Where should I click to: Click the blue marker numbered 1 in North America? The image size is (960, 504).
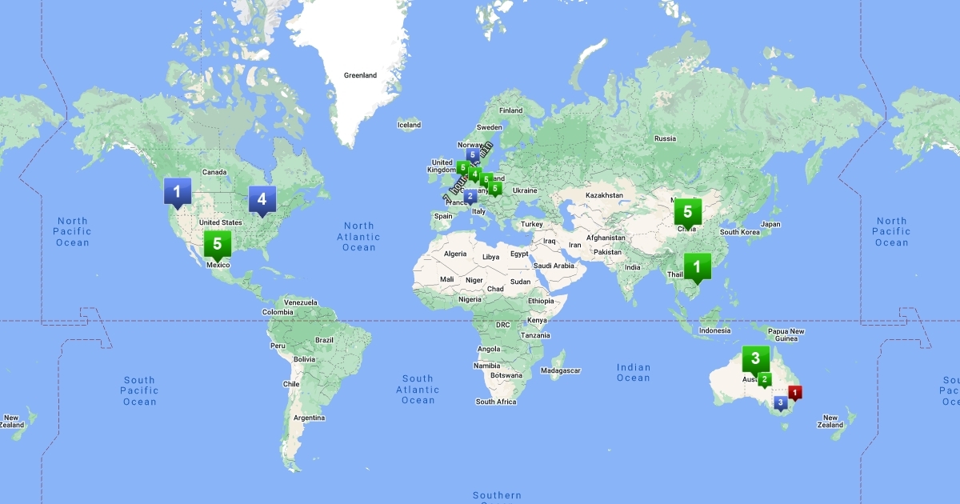[177, 191]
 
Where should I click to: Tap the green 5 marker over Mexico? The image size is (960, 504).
[217, 244]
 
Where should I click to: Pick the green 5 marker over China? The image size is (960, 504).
[687, 212]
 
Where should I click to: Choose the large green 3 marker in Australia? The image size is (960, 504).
[755, 358]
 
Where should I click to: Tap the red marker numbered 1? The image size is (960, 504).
[794, 392]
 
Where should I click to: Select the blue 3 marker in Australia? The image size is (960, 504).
[780, 402]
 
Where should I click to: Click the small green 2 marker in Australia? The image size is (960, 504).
[765, 379]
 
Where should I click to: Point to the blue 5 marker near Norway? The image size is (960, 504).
[473, 154]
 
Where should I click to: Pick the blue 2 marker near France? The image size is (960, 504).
[470, 195]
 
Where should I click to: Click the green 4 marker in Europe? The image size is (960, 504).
[475, 174]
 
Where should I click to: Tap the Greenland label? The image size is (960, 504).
[360, 75]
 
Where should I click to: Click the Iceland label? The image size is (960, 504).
[409, 125]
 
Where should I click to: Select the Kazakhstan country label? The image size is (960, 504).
[604, 195]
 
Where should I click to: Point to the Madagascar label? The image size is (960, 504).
[560, 370]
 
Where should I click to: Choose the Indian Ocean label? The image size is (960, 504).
[633, 373]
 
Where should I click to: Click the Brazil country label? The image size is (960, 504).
[324, 340]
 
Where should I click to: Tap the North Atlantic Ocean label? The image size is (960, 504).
[358, 237]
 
